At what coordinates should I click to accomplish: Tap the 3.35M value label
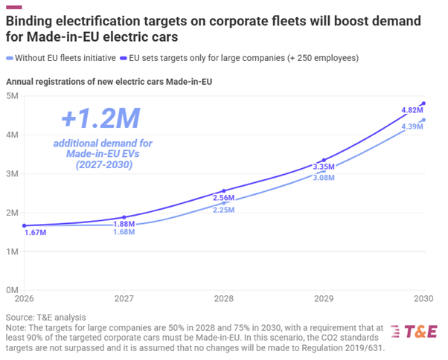tap(323, 167)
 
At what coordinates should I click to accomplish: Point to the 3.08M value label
tap(323, 179)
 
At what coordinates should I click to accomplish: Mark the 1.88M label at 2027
tap(124, 224)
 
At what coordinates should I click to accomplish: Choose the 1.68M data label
tap(124, 232)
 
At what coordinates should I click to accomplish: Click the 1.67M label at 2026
tap(34, 233)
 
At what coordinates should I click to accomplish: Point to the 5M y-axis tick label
tap(13, 96)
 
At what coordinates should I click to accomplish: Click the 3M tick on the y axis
tap(13, 174)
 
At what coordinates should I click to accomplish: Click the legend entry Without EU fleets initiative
tap(63, 57)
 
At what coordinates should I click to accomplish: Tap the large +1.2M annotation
tap(101, 118)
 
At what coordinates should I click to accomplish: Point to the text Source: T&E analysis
tap(45, 317)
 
